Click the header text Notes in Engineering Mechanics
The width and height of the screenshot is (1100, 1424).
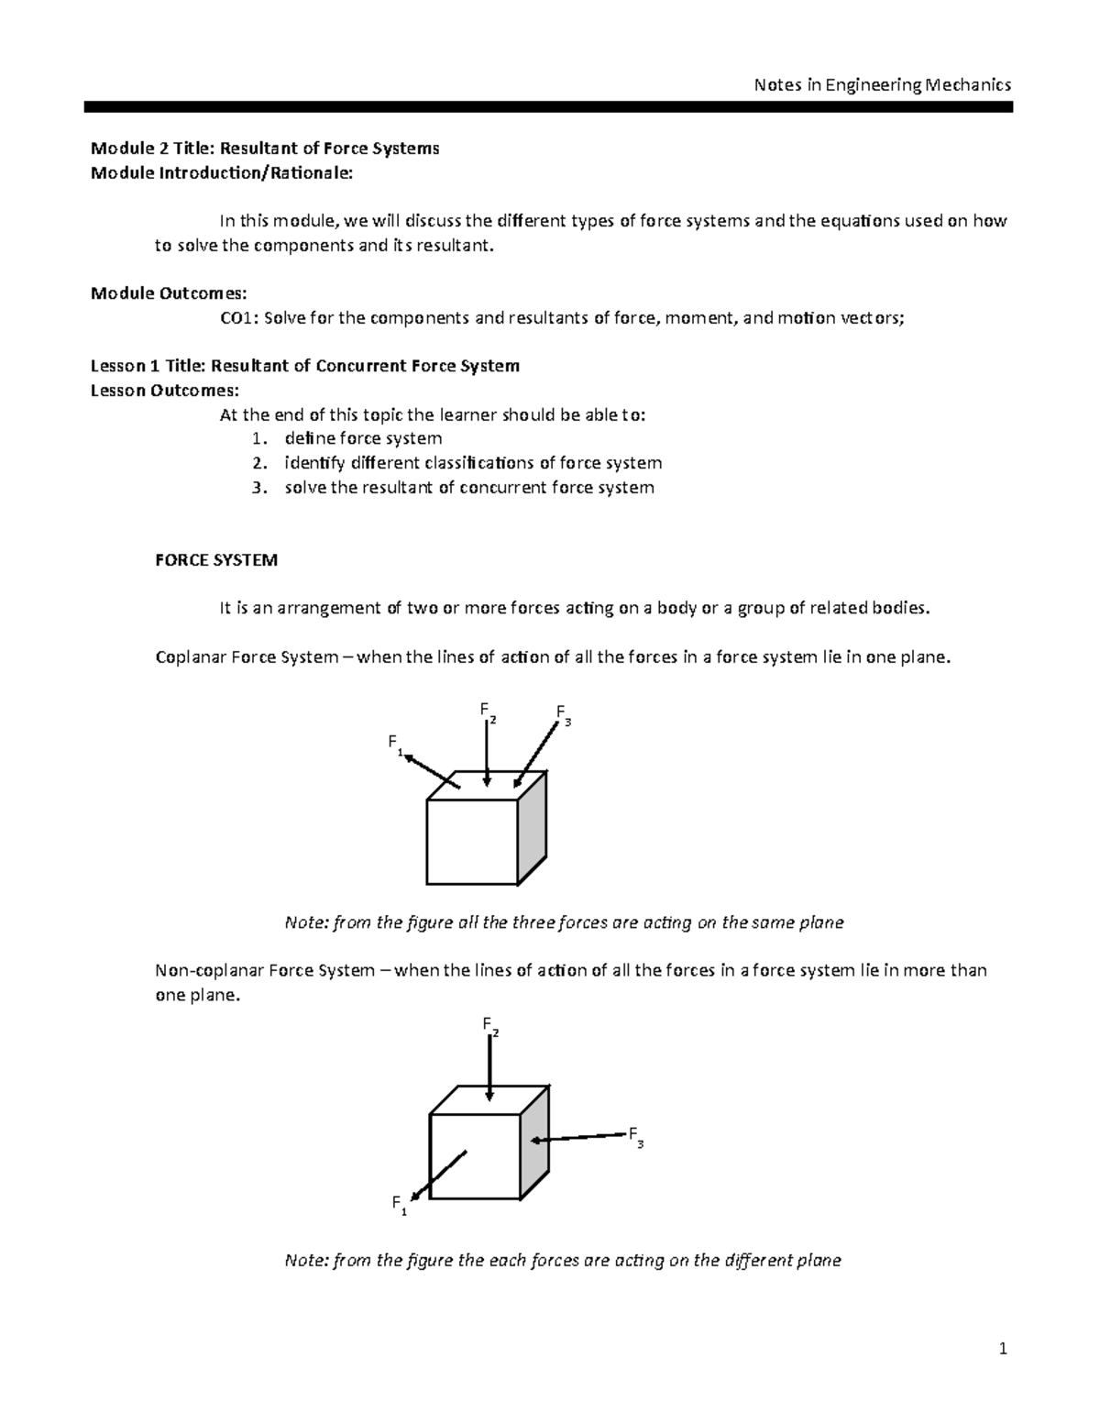(882, 85)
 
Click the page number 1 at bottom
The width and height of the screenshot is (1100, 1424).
(1003, 1348)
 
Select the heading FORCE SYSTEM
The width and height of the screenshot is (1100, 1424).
(216, 560)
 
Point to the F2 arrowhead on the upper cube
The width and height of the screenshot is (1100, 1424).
(488, 780)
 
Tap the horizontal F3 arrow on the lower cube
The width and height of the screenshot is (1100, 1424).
(577, 1138)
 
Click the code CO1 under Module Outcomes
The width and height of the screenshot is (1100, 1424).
(238, 318)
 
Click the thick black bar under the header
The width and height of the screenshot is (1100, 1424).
(548, 107)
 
